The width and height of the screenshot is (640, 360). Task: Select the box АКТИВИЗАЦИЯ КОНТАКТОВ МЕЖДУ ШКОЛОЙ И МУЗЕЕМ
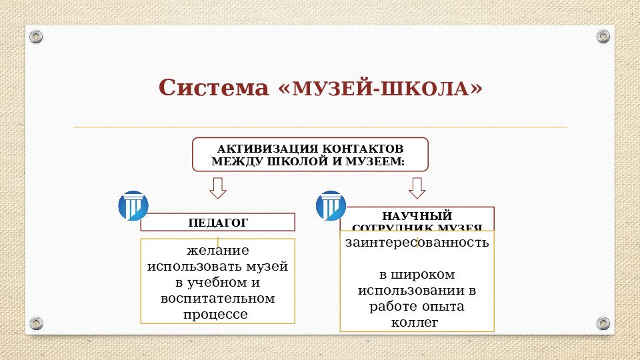(310, 155)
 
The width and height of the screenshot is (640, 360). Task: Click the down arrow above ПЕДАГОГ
(217, 188)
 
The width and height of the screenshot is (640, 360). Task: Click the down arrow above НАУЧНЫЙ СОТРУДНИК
(417, 188)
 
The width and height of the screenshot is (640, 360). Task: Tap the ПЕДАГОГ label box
(217, 222)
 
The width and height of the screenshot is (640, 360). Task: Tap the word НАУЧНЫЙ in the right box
(417, 216)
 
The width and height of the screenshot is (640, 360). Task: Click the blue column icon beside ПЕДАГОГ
(133, 206)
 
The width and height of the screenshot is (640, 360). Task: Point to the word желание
(217, 251)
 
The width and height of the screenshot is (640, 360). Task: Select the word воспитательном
(217, 298)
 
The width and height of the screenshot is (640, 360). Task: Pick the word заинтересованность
(417, 243)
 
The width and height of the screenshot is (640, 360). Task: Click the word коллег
(417, 323)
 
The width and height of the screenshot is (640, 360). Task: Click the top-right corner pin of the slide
(603, 35)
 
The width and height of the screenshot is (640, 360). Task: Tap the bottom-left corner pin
(36, 324)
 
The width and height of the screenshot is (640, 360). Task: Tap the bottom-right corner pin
(603, 324)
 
